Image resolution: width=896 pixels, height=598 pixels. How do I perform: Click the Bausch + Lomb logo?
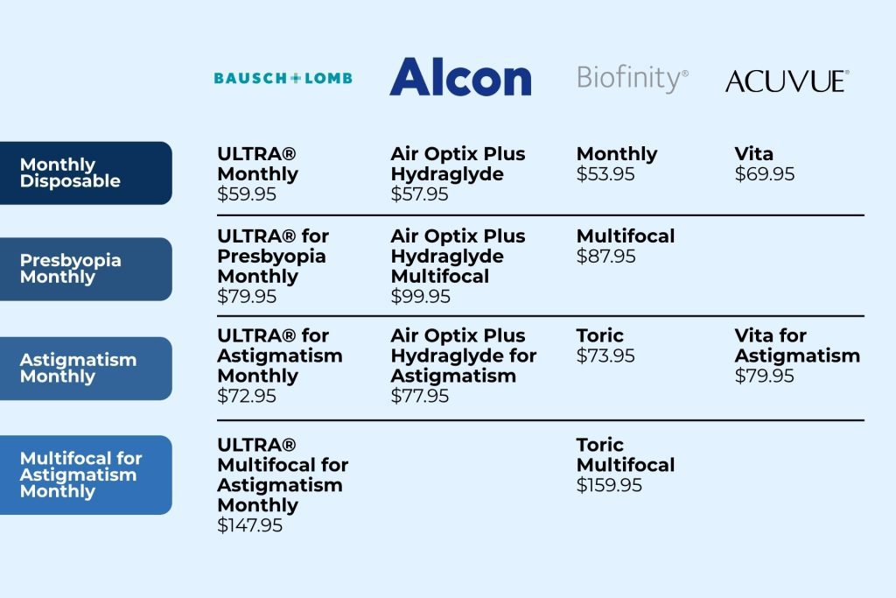pos(283,79)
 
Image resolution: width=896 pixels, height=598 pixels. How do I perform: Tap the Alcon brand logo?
pos(460,78)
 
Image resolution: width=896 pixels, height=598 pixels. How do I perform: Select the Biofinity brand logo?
pos(632,79)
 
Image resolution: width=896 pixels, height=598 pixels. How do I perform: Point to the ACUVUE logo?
pos(787,81)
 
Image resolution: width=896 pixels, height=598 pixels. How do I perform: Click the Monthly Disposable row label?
pos(86,172)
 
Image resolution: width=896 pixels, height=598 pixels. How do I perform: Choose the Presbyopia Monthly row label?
pos(86,269)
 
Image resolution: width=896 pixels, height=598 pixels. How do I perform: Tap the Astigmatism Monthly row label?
pos(86,368)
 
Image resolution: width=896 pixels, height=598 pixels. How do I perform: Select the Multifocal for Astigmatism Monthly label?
pos(86,475)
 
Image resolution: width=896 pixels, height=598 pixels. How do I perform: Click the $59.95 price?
pos(247,194)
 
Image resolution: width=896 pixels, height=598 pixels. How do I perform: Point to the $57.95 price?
pos(420,194)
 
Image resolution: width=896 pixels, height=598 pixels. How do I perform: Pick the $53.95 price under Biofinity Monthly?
pos(605,174)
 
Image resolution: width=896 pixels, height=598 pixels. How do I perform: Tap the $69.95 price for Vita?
pos(765,174)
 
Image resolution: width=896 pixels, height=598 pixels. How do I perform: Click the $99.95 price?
pos(420,297)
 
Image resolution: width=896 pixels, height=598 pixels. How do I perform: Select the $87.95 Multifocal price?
pos(605,257)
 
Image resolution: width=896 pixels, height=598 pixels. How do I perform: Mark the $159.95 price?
pos(609,485)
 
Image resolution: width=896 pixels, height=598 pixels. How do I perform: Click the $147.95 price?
pos(250,526)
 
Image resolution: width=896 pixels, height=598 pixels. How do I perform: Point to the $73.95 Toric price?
pos(605,356)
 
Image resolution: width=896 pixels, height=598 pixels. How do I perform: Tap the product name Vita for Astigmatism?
pos(797,346)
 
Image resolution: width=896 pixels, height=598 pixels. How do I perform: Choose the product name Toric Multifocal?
pos(626,454)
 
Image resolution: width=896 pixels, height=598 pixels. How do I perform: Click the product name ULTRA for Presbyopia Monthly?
pos(273,257)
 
